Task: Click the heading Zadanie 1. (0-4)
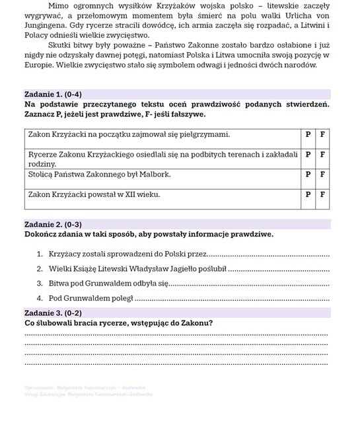53,95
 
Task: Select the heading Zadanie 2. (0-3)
53,225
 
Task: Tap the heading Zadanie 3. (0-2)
53,313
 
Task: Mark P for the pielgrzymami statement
308,134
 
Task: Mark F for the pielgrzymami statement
322,134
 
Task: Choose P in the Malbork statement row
308,175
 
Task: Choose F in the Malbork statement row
322,175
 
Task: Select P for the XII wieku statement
308,195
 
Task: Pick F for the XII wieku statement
322,195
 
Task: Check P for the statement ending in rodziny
308,155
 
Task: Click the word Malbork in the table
154,175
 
